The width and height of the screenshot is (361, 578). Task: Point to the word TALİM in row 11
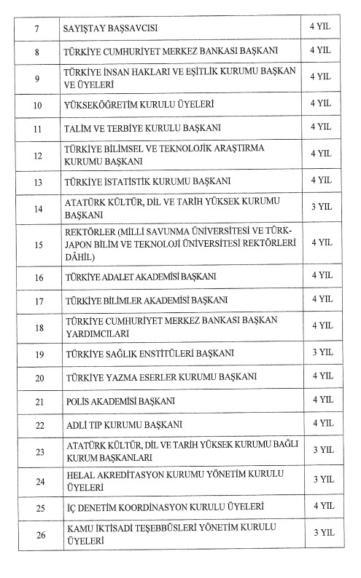(x=78, y=128)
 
